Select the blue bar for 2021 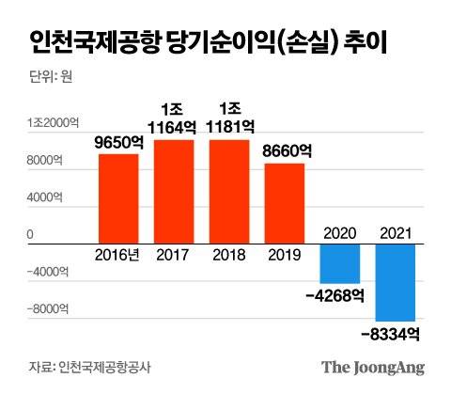[x=395, y=280]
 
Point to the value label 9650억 [x=117, y=143]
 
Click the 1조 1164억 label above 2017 [x=173, y=118]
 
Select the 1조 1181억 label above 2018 [x=228, y=118]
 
